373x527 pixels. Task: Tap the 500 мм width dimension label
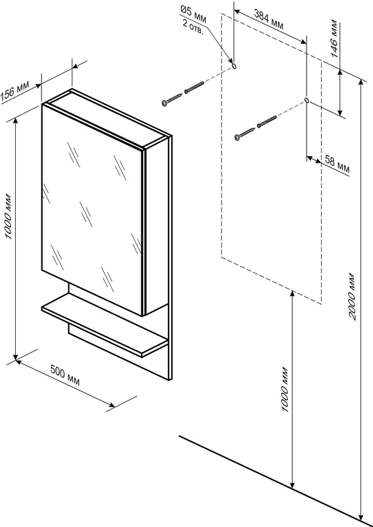pyautogui.click(x=65, y=375)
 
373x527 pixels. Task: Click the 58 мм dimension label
pyautogui.click(x=337, y=165)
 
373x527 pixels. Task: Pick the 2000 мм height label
pyautogui.click(x=351, y=296)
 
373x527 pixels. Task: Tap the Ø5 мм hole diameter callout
pyautogui.click(x=193, y=14)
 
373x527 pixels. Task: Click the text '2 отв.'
pyautogui.click(x=193, y=27)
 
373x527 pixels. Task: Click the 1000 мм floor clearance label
pyautogui.click(x=285, y=389)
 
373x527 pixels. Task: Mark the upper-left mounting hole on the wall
pyautogui.click(x=234, y=66)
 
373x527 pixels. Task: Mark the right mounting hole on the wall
pyautogui.click(x=307, y=100)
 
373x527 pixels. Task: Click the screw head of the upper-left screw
pyautogui.click(x=164, y=103)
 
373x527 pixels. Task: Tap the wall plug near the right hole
pyautogui.click(x=267, y=121)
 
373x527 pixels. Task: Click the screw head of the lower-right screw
pyautogui.click(x=237, y=137)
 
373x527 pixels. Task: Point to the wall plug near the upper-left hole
pyautogui.click(x=194, y=88)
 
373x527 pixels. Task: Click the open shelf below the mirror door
pyautogui.click(x=104, y=324)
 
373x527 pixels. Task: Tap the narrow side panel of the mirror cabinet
pyautogui.click(x=155, y=227)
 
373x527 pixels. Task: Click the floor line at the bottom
pyautogui.click(x=276, y=482)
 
